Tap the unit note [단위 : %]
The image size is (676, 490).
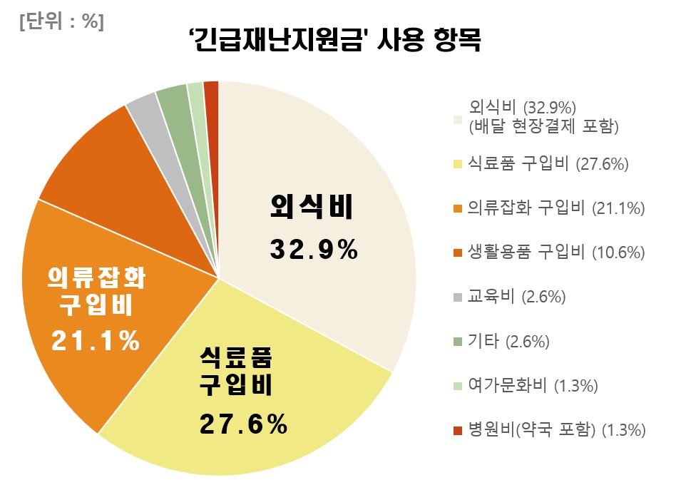tap(62, 22)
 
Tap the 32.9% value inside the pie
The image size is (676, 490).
tap(314, 250)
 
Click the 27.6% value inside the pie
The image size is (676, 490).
tap(242, 426)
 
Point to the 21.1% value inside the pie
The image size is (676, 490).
tap(96, 341)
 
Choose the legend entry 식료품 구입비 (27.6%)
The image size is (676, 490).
tap(548, 164)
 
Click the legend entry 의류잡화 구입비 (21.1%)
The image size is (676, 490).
tap(556, 208)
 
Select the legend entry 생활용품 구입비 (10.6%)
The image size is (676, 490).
tap(556, 252)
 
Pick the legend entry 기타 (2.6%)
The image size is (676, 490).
tap(508, 342)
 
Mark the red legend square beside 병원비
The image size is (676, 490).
tap(458, 431)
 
